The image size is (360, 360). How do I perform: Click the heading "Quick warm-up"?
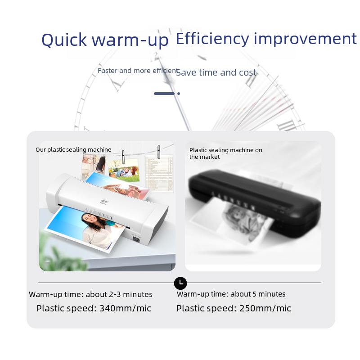point(105,40)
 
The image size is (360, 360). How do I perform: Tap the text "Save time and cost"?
point(216,72)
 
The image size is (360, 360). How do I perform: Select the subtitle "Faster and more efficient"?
point(138,71)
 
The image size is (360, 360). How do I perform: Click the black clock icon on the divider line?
point(180,283)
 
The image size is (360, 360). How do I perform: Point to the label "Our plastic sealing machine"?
point(73,150)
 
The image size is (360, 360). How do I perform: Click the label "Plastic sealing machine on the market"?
point(226,153)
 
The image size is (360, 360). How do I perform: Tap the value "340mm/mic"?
point(126,308)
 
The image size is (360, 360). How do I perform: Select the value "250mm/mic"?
point(265,308)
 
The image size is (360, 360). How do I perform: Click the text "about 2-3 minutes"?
point(119,294)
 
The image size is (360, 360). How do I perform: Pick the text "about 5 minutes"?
point(258,294)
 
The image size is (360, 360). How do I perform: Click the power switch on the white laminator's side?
point(136,240)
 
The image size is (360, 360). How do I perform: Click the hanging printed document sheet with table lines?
point(159,173)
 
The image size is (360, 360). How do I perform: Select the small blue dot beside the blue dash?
point(179,94)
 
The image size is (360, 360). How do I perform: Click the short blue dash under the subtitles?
point(164,94)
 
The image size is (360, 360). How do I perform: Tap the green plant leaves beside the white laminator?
point(60,255)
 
